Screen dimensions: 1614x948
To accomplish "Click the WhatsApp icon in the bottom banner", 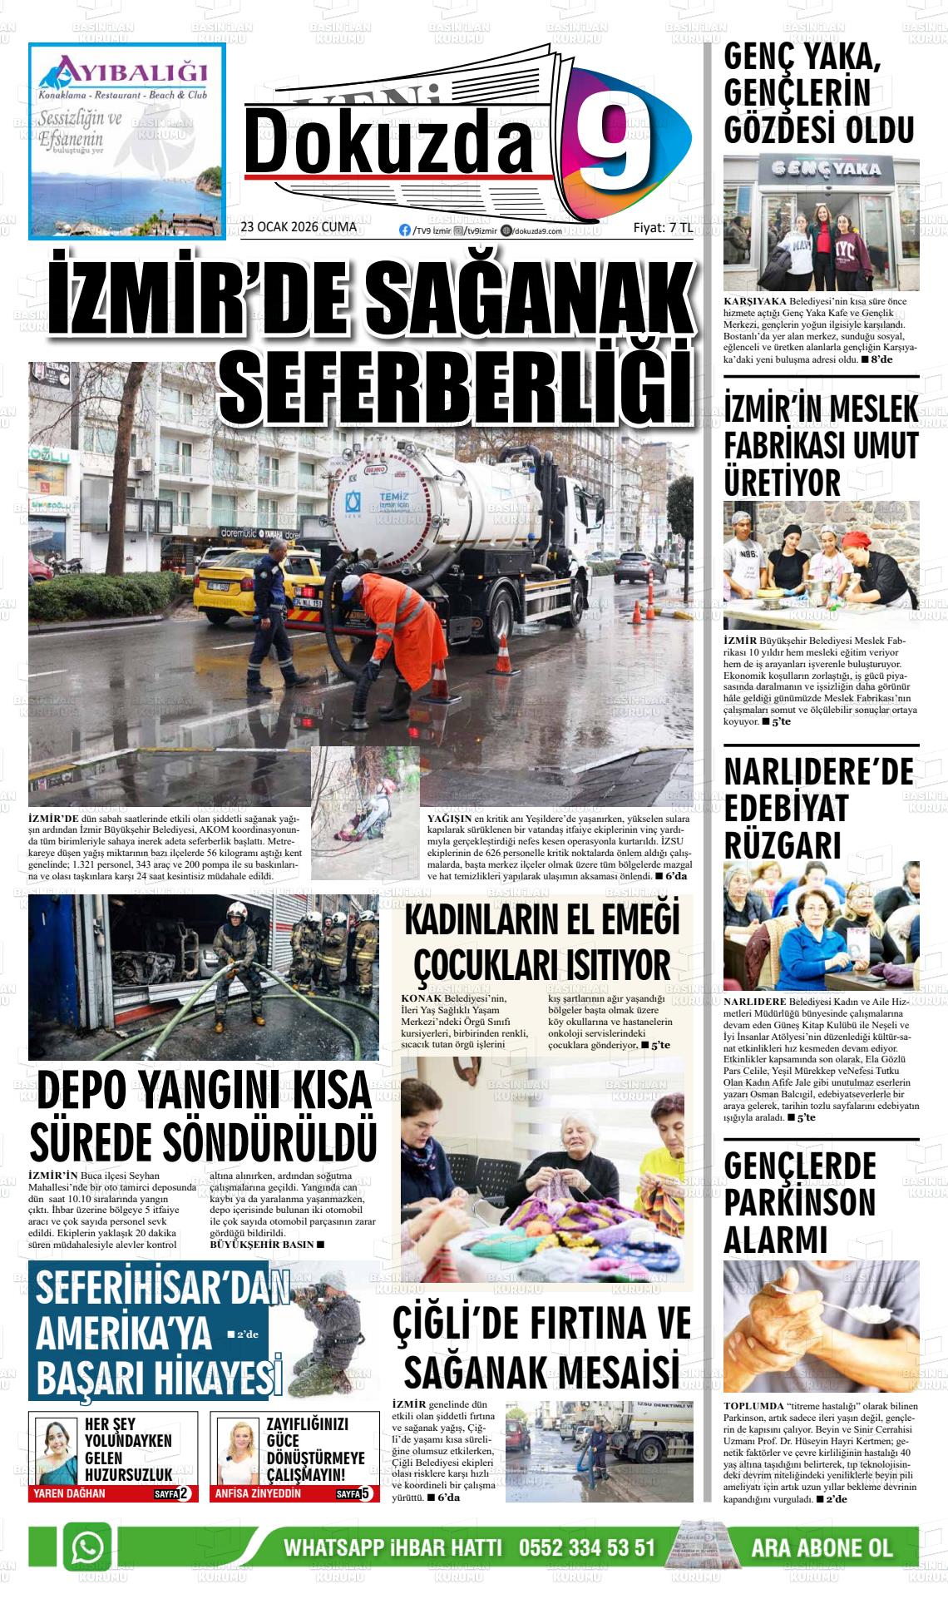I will coord(88,1548).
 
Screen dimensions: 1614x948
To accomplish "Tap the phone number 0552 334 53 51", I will coord(587,1548).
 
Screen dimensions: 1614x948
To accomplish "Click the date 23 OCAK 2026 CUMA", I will coord(298,227).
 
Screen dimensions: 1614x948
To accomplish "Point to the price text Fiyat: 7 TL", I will coord(663,227).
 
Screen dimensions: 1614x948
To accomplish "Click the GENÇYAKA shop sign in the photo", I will coord(820,169).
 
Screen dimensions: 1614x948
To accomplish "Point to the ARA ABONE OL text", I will coord(822,1548).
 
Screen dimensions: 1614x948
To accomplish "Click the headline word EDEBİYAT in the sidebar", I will coord(774,808).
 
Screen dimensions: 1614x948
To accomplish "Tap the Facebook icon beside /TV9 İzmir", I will coord(405,230).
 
